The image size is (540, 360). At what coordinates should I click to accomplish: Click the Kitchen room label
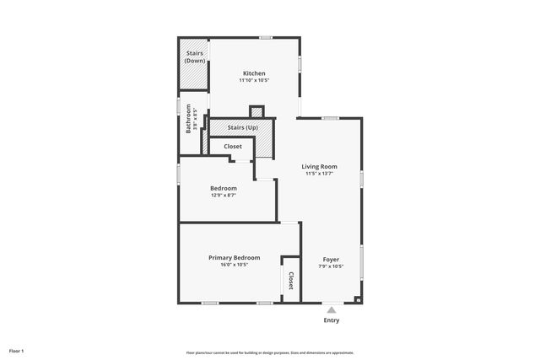254,73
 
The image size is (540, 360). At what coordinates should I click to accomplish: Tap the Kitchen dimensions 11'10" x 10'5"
254,80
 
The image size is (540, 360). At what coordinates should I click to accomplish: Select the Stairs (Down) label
194,56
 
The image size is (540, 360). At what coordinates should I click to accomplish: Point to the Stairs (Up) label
242,127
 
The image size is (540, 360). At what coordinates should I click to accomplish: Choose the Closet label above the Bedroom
233,147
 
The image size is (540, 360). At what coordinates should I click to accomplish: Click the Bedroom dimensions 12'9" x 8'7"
224,195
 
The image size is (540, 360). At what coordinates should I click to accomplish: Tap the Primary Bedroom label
235,257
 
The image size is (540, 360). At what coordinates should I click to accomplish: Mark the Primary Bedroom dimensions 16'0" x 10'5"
235,265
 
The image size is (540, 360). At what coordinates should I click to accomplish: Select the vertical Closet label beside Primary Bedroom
290,280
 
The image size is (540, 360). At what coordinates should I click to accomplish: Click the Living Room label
320,167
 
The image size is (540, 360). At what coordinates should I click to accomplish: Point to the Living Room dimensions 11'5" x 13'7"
320,174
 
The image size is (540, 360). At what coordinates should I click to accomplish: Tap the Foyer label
331,259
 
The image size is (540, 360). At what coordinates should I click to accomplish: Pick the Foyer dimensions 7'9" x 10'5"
331,266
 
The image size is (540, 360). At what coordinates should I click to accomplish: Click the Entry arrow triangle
332,310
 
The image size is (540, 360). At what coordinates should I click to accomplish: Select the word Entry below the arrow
332,320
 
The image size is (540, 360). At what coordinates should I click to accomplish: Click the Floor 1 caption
17,351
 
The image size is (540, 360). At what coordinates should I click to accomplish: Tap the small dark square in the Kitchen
257,110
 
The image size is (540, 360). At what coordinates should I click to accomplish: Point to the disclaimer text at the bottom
270,352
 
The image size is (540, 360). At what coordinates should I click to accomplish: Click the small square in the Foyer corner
358,298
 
